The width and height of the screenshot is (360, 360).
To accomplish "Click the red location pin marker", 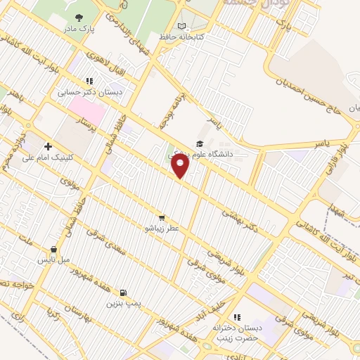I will click(x=181, y=167).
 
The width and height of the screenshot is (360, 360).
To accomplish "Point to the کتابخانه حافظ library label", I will click(x=181, y=37).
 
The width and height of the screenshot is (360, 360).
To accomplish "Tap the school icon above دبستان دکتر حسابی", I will click(x=89, y=81).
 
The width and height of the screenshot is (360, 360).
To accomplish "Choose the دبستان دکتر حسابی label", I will click(x=89, y=92).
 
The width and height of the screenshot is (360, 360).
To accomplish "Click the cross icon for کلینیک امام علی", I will click(x=48, y=146).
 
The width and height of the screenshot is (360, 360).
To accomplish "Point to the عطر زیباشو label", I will click(x=162, y=229).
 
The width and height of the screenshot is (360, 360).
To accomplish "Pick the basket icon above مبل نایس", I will click(x=53, y=249).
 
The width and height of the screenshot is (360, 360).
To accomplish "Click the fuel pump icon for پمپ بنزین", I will click(x=124, y=292).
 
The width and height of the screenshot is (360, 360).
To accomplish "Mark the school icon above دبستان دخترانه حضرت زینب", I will click(x=236, y=317).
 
